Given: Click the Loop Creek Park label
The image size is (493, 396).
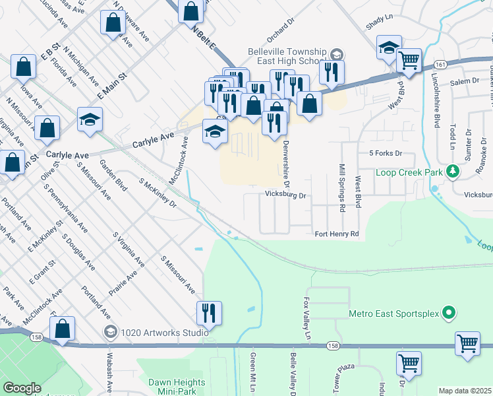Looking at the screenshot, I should coord(409,172).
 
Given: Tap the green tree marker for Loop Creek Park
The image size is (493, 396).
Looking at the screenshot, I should coord(452,172).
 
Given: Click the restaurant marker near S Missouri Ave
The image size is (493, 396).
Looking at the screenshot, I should coord(209,314).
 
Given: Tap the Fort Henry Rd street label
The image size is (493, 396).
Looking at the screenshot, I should coord(336,234).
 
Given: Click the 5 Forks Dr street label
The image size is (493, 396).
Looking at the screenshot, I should coord(386,153).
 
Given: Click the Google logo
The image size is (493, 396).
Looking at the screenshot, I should coord(22,388).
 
